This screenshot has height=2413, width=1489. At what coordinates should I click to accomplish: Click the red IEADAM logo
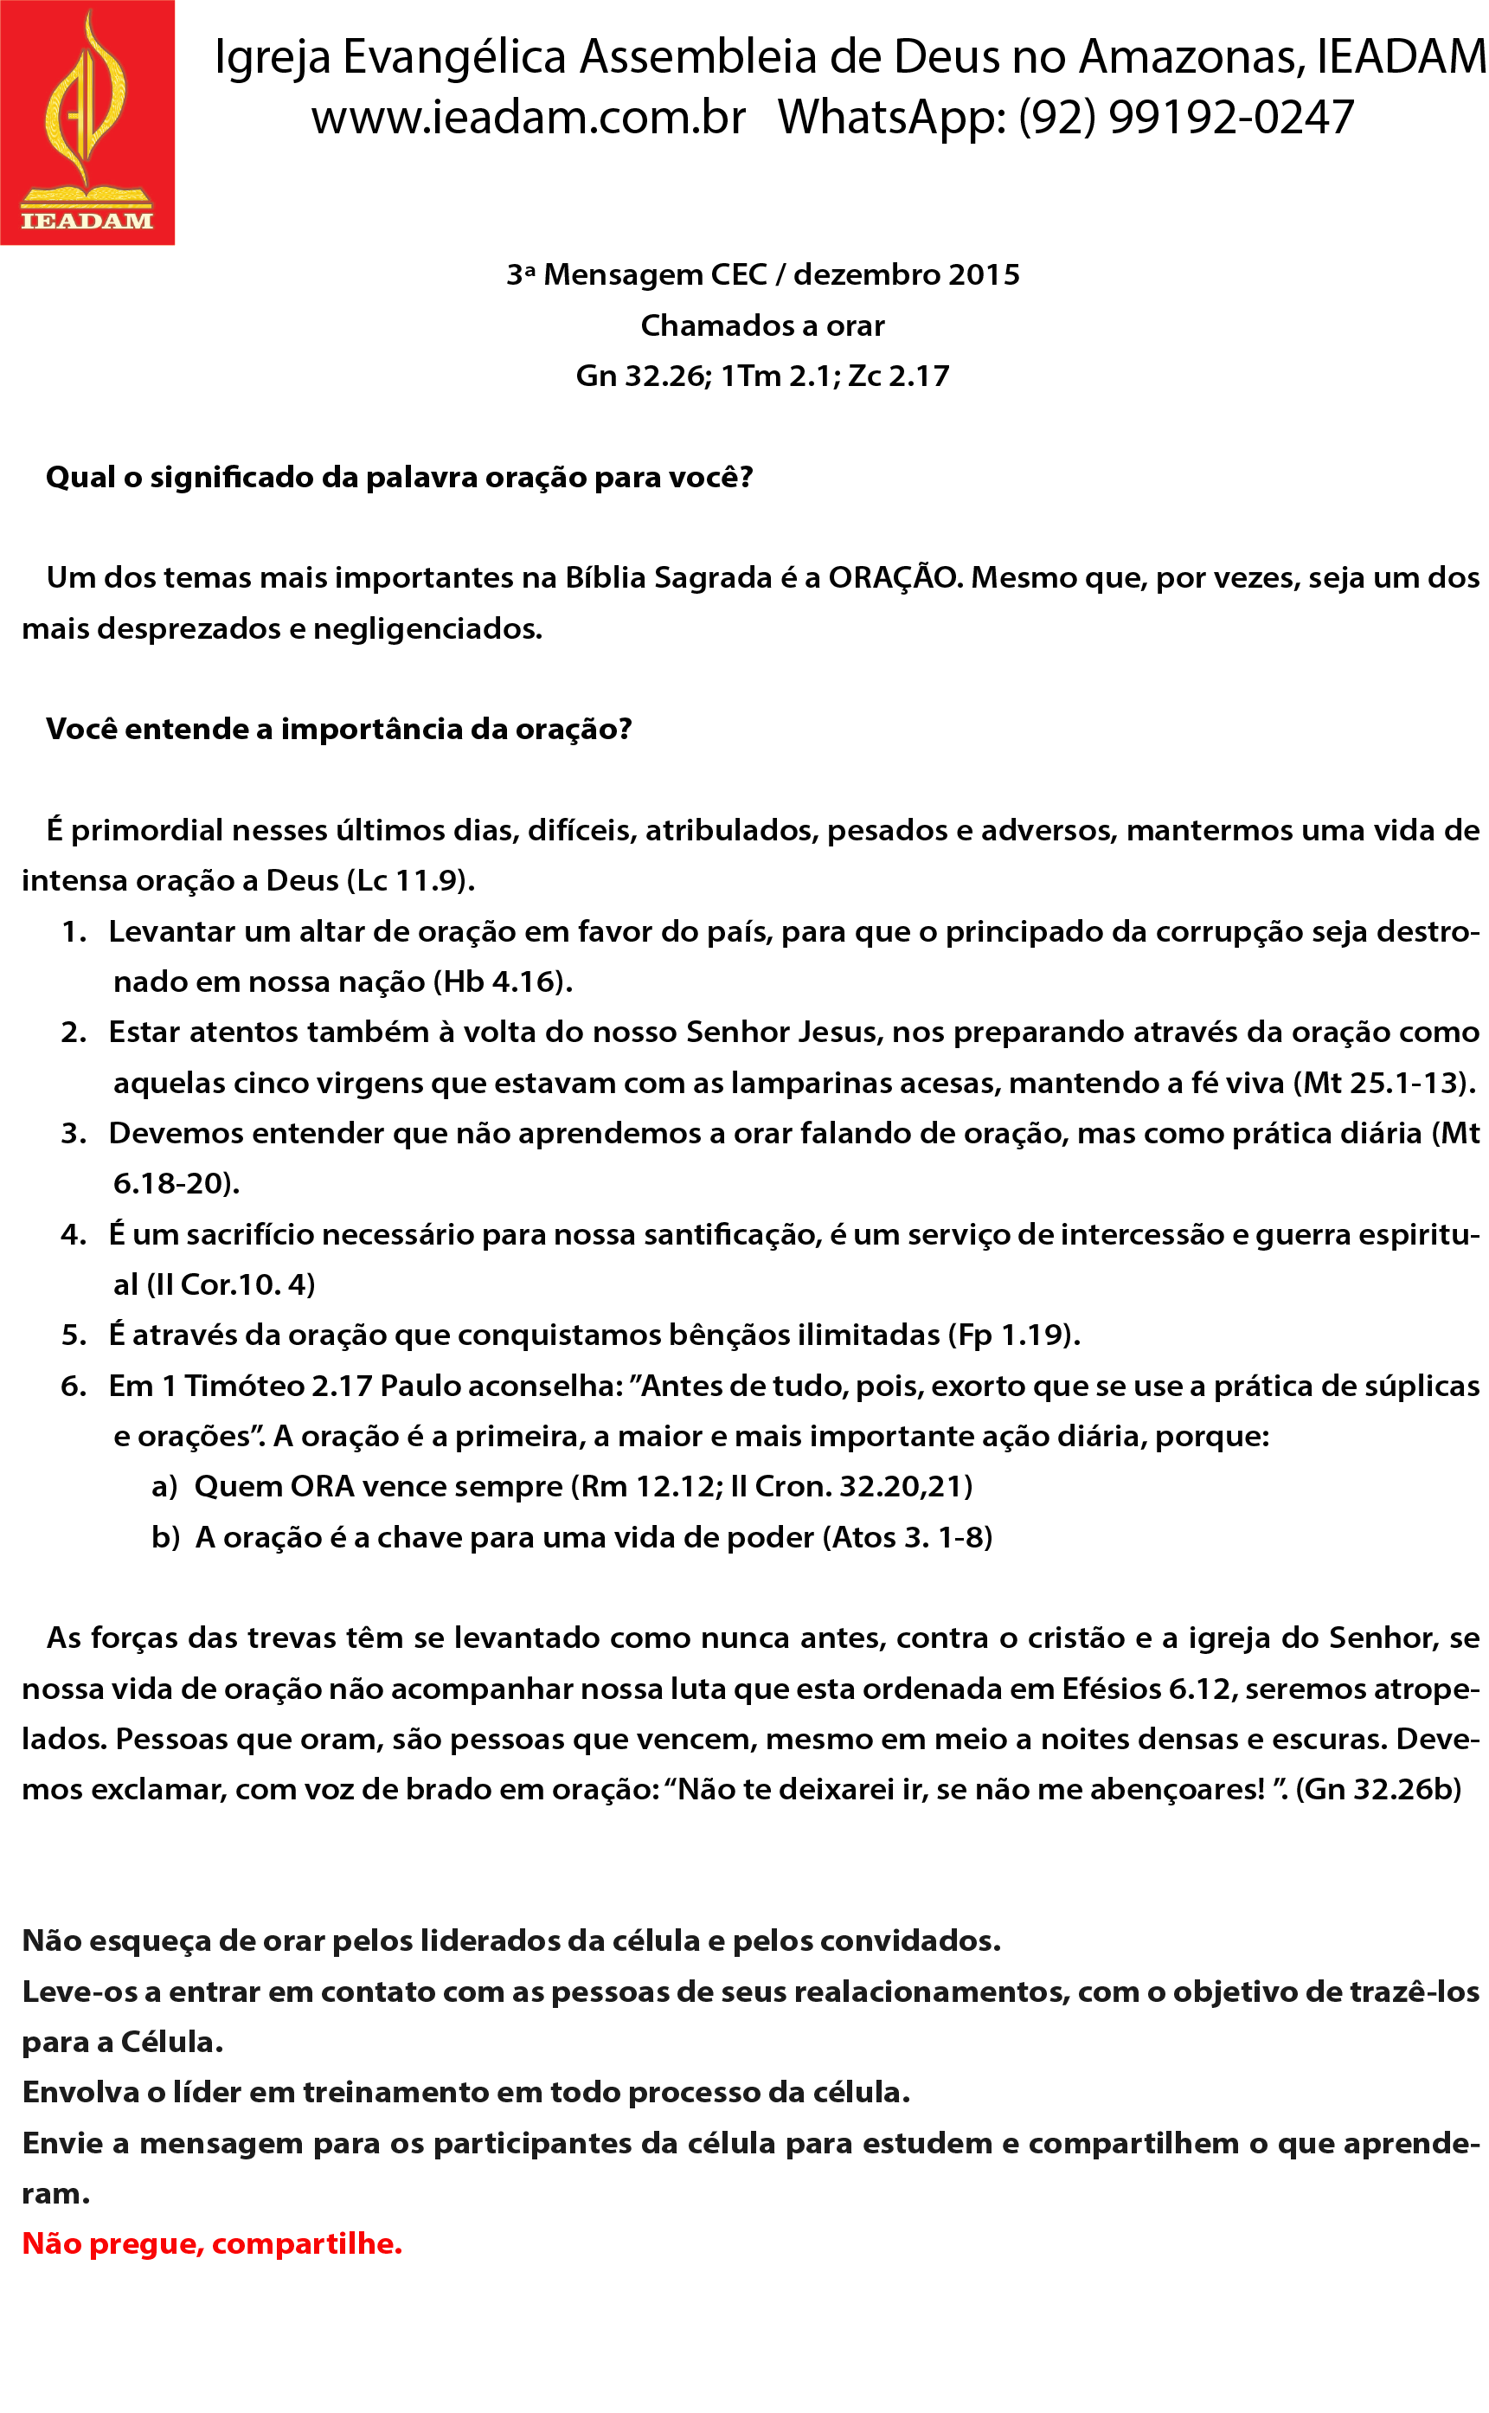click(x=87, y=122)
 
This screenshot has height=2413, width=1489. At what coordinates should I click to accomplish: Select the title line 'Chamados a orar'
click(x=762, y=325)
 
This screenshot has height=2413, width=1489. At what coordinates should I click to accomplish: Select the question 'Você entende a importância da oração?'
click(x=339, y=729)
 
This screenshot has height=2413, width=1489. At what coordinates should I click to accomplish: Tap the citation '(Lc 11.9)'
click(x=411, y=880)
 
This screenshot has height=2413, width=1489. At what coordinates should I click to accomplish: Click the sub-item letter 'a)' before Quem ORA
click(x=164, y=1487)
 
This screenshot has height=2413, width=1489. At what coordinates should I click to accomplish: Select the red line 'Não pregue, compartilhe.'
click(x=212, y=2243)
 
